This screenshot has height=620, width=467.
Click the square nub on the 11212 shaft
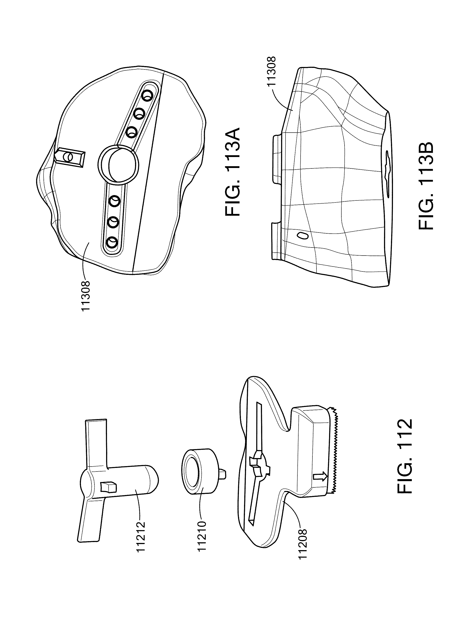tap(108, 487)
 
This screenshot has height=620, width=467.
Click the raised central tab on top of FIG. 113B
tap(276, 158)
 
